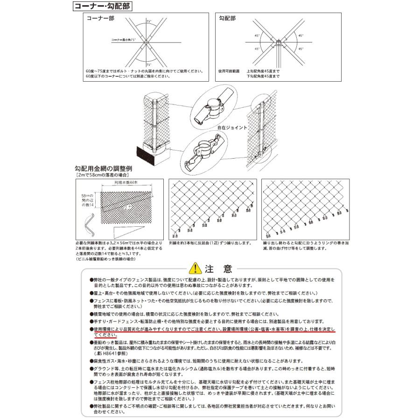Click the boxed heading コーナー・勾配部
coord(102,7)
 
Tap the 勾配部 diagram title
coord(228,19)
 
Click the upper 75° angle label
coord(148,21)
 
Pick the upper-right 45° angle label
coord(301,35)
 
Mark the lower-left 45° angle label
coord(257,49)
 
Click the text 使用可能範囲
coord(229,71)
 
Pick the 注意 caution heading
coord(218,268)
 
